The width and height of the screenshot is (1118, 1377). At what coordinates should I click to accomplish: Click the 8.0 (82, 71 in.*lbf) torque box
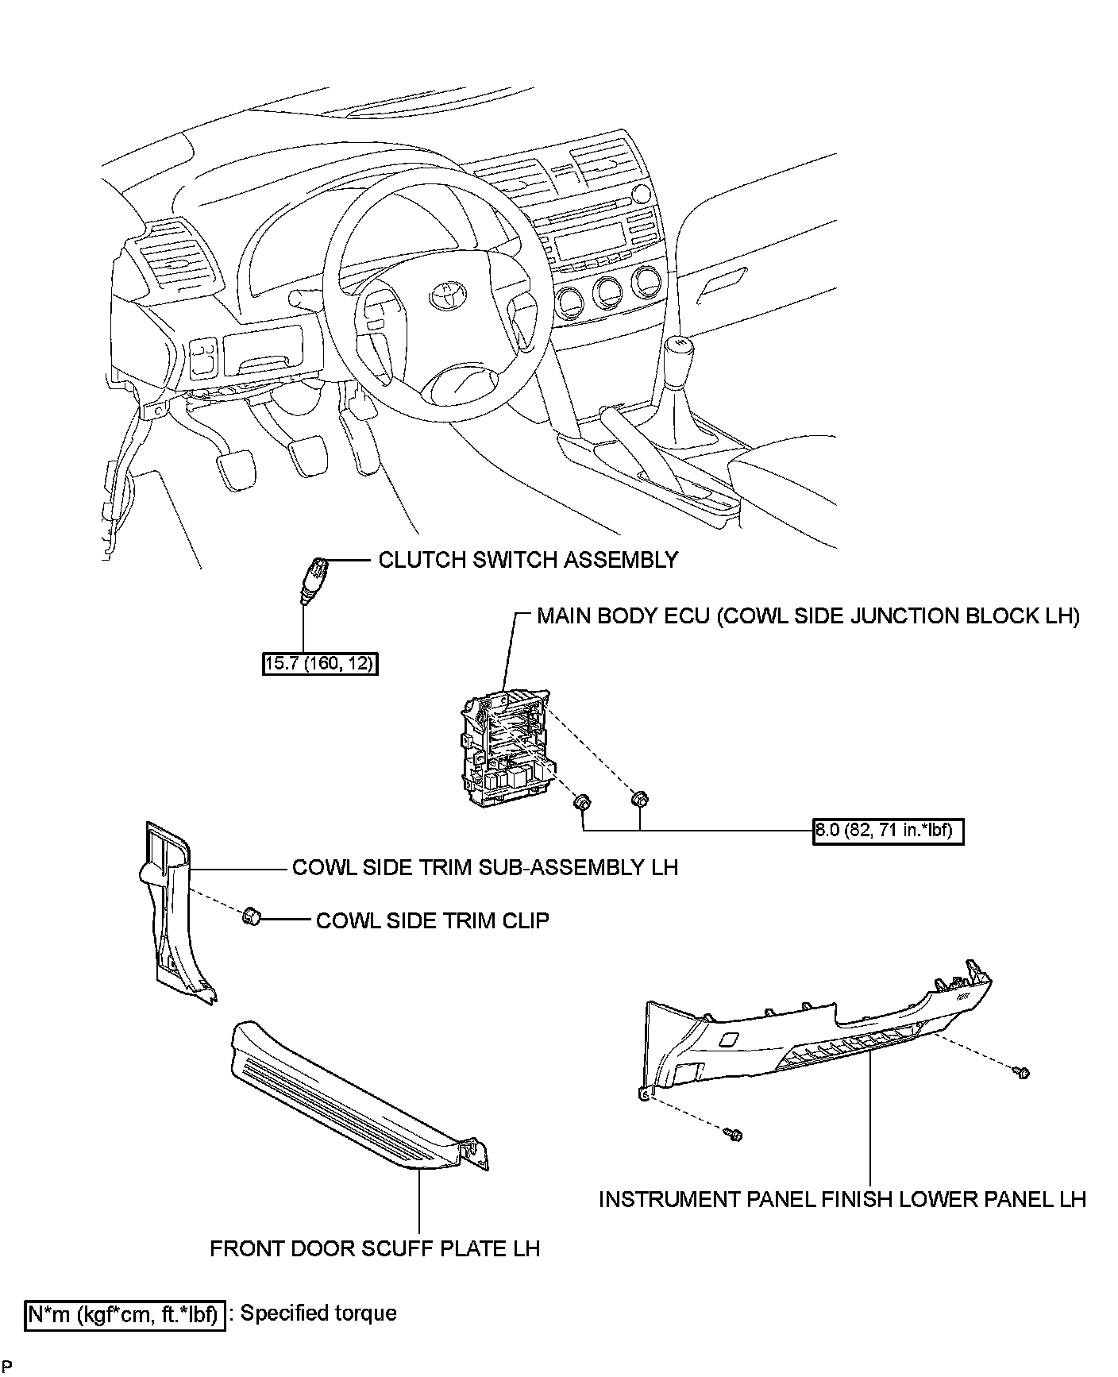[x=888, y=831]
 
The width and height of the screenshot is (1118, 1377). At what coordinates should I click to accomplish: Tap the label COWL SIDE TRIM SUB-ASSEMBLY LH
[x=484, y=866]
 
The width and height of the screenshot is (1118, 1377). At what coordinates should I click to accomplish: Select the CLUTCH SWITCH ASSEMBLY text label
[x=528, y=560]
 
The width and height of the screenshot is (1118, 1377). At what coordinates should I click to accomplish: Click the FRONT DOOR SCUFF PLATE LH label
[x=375, y=1248]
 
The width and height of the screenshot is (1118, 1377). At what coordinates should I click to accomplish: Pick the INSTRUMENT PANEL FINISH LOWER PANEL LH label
[x=842, y=1198]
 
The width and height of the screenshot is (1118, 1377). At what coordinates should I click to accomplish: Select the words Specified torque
[x=318, y=1313]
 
